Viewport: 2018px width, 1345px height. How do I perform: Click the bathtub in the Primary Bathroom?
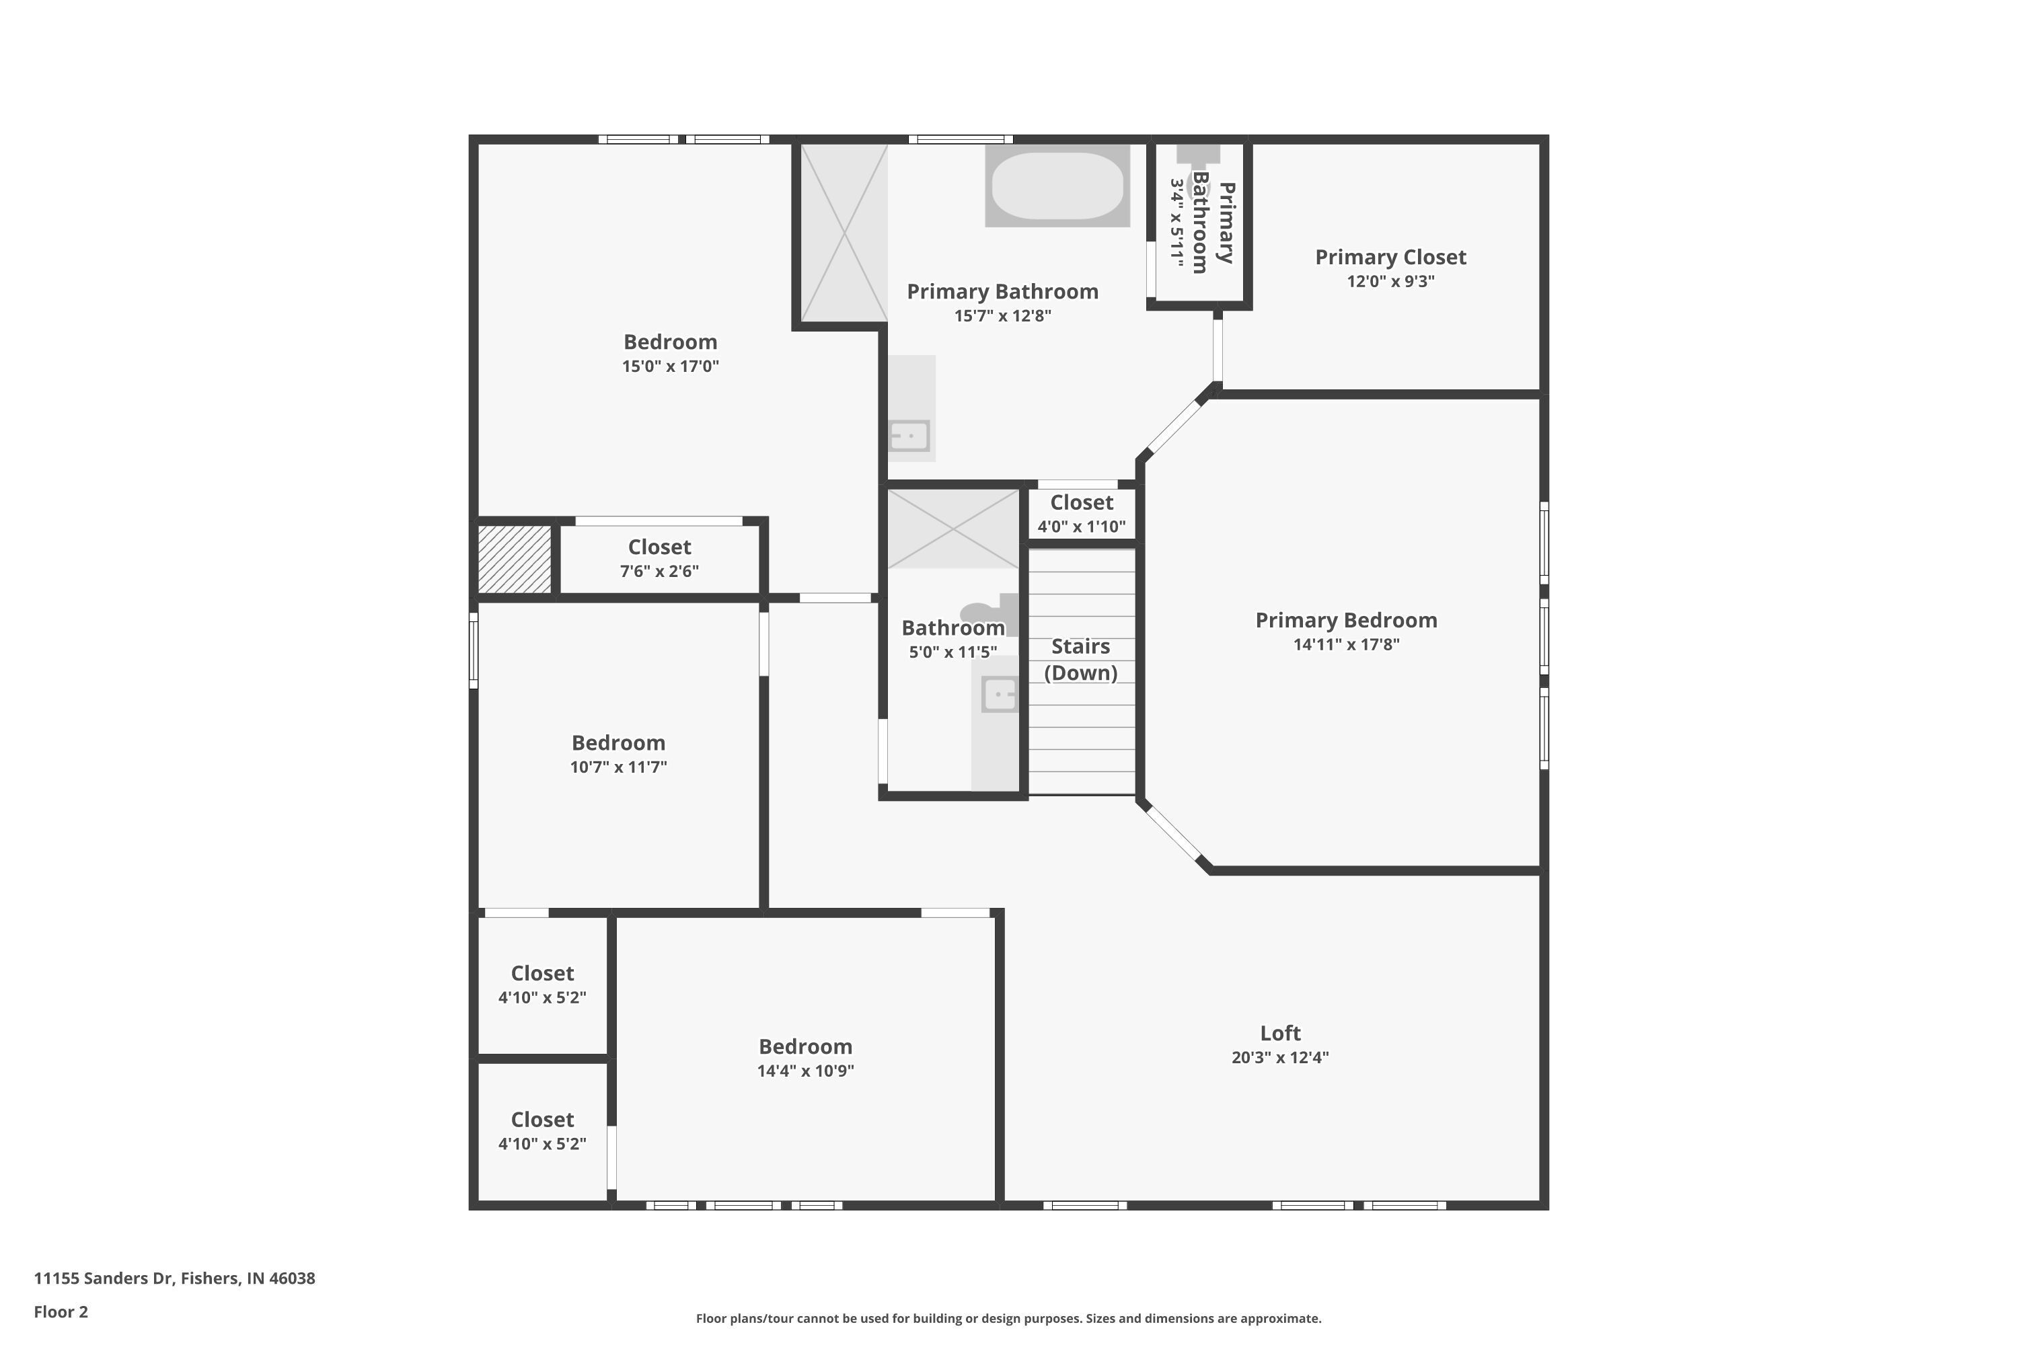click(1057, 186)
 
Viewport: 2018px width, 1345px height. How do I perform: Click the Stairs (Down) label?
click(1081, 660)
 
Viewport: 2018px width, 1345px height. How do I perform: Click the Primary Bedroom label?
click(1346, 620)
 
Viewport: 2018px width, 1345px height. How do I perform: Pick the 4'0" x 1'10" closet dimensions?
click(1081, 527)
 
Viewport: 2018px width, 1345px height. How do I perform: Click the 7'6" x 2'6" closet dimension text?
click(659, 571)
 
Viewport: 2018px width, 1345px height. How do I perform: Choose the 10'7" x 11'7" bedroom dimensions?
click(618, 767)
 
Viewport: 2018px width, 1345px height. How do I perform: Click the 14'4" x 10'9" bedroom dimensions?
click(805, 1071)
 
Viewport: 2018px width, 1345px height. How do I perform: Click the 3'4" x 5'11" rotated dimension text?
click(1177, 224)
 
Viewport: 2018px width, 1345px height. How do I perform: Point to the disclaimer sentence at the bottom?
click(1008, 1318)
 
